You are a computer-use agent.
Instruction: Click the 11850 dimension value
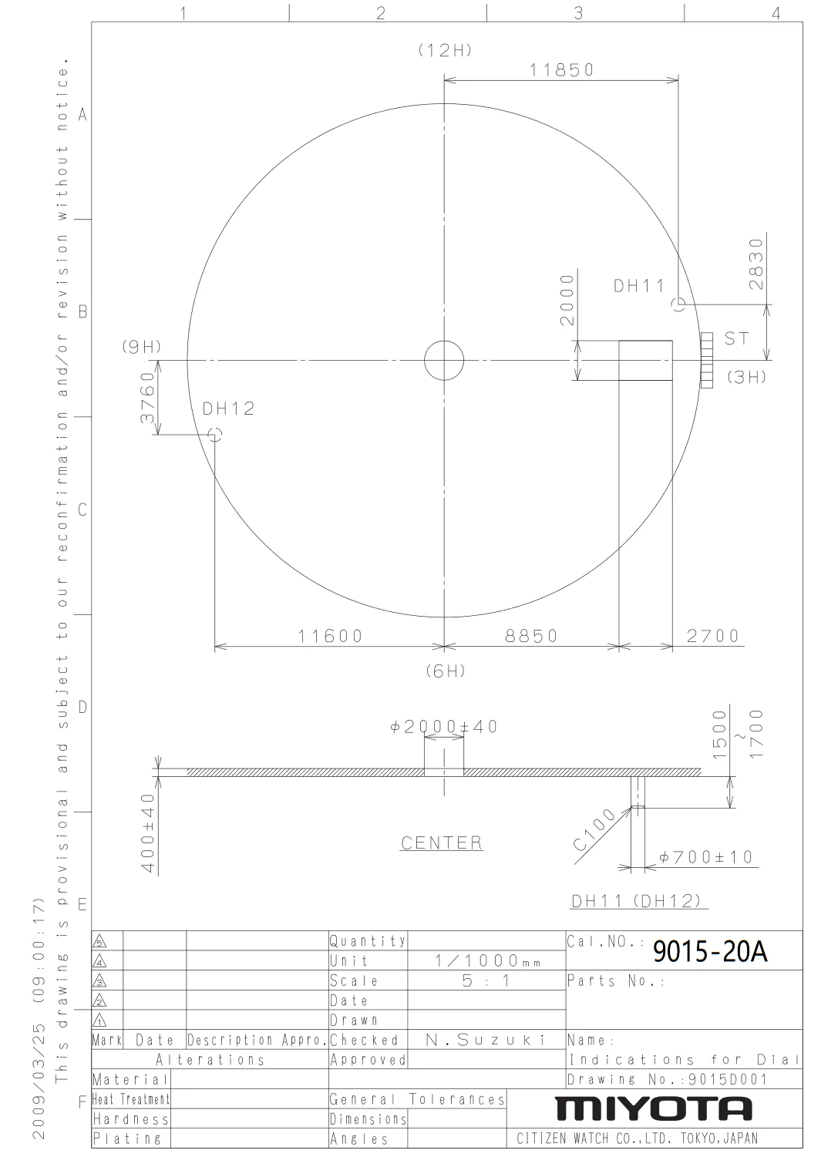(x=561, y=70)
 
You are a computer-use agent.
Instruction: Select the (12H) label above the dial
(x=446, y=50)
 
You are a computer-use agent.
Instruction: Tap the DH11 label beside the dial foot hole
(x=639, y=286)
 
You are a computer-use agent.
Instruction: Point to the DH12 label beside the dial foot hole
(x=229, y=409)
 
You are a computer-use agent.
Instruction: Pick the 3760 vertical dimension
(x=148, y=398)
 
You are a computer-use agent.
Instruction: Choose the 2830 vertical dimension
(x=756, y=264)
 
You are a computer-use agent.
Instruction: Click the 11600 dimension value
(x=330, y=636)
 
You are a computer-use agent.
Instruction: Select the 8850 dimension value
(x=531, y=636)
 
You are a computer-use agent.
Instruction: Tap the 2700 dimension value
(x=712, y=636)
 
